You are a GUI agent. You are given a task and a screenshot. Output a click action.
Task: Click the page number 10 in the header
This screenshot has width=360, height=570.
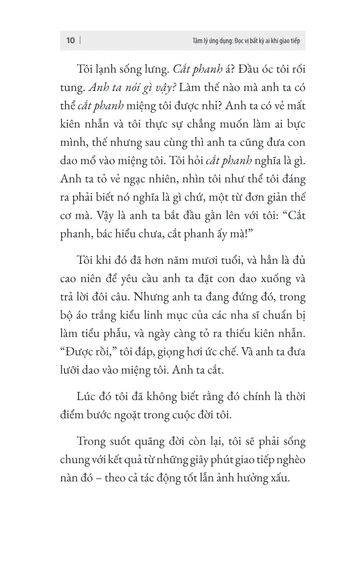pyautogui.click(x=70, y=41)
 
